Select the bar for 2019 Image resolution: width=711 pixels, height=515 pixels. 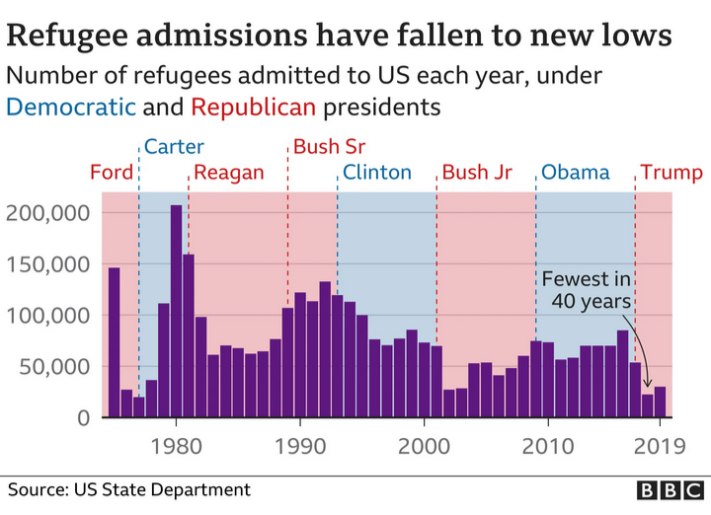click(660, 403)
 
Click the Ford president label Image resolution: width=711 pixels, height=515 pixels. click(112, 173)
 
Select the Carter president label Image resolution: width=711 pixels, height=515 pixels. click(174, 148)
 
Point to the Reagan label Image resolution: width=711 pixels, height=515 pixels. click(229, 173)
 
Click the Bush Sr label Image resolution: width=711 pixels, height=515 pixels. click(330, 148)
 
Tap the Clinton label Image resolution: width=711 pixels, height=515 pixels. click(377, 173)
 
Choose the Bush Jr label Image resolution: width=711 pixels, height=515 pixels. click(477, 173)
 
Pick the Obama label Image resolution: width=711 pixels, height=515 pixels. click(576, 173)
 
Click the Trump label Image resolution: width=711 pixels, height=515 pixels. click(671, 173)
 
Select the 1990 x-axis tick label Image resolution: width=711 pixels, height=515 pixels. click(300, 444)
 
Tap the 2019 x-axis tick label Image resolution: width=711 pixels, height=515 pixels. click(660, 444)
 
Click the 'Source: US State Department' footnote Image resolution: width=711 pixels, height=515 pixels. click(129, 489)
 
